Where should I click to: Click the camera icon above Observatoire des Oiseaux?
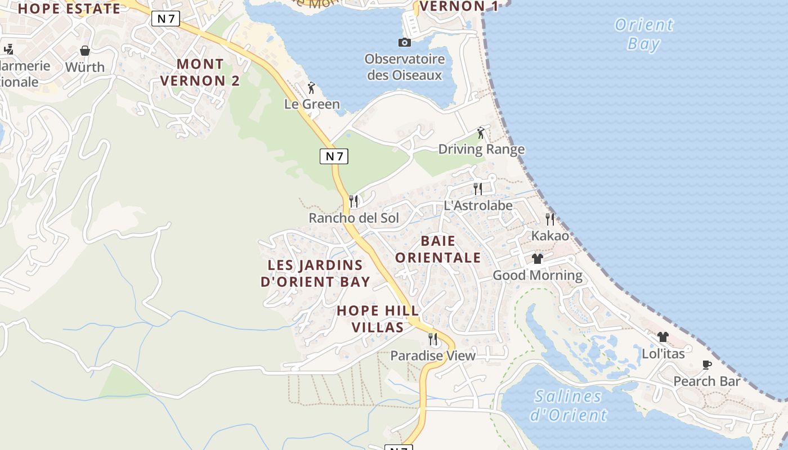tap(404, 42)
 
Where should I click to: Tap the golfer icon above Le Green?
tap(311, 88)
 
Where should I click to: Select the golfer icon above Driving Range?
tap(481, 133)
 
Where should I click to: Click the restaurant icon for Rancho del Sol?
tap(353, 201)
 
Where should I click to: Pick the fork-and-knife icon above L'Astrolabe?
tap(478, 188)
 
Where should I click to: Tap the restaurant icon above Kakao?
tap(550, 219)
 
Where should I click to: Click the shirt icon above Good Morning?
tap(538, 259)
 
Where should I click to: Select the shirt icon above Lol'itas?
tap(663, 337)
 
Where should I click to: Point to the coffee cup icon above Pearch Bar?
tap(707, 364)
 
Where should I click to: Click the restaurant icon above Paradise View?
tap(433, 339)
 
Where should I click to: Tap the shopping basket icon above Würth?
tap(84, 51)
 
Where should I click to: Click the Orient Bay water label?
tap(644, 34)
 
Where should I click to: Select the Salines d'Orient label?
tap(568, 406)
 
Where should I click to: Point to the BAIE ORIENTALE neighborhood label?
tap(438, 249)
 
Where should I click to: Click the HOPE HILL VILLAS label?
tap(378, 319)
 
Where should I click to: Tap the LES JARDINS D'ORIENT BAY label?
tap(315, 273)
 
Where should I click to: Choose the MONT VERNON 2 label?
tap(200, 73)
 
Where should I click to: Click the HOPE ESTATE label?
tap(69, 9)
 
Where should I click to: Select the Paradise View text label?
tap(433, 355)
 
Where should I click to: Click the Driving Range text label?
tap(481, 149)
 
